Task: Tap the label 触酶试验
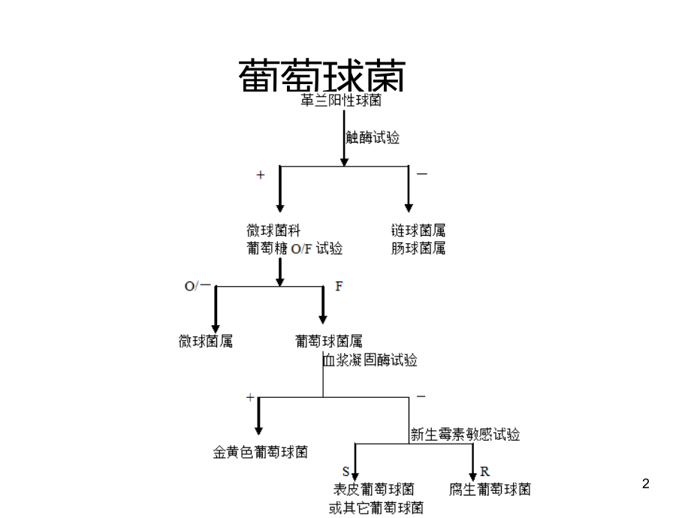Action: (373, 137)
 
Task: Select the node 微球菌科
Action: (274, 230)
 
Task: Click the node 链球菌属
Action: (418, 230)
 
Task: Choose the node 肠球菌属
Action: (418, 248)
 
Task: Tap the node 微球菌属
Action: (206, 342)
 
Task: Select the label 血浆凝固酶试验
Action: (370, 360)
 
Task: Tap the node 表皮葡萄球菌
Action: (373, 489)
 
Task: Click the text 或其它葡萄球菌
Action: (376, 507)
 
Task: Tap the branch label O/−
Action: (198, 287)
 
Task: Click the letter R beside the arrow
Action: (485, 471)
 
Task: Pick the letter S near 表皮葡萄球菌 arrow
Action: (345, 471)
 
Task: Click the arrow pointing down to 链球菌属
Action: (409, 191)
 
